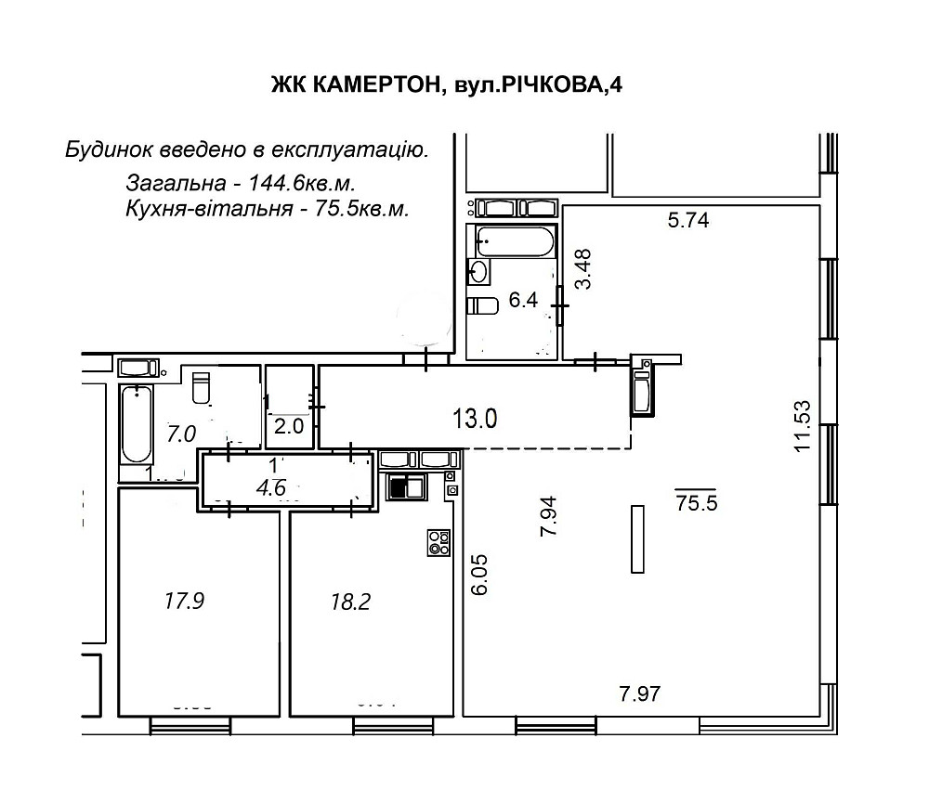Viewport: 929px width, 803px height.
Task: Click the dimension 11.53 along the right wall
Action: point(803,425)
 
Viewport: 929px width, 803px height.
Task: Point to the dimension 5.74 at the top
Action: point(688,221)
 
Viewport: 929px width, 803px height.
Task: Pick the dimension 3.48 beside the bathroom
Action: point(582,269)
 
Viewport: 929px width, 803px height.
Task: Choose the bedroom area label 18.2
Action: point(350,602)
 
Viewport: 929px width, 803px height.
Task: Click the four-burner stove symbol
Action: point(438,542)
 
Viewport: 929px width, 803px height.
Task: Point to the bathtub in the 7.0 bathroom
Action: point(136,424)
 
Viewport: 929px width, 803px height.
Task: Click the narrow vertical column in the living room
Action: point(636,539)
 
